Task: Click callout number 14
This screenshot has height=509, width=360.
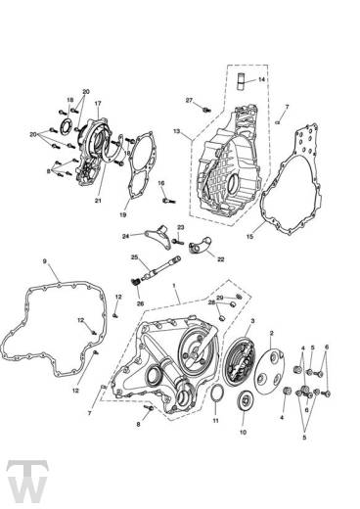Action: click(x=261, y=79)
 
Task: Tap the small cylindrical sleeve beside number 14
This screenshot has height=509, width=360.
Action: click(x=241, y=82)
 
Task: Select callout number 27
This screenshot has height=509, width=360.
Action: click(x=190, y=100)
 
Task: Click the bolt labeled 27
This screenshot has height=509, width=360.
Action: click(x=206, y=110)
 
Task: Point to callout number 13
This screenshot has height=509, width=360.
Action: click(x=176, y=131)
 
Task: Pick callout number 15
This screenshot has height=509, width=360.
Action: click(x=250, y=236)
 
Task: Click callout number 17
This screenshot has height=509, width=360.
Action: click(x=98, y=103)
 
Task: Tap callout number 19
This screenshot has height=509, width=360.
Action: click(x=122, y=214)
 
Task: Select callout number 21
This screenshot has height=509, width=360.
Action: click(x=98, y=201)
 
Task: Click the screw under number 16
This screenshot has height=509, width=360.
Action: click(x=168, y=201)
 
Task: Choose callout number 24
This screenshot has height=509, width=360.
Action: click(x=125, y=236)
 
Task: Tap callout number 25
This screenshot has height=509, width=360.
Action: click(x=135, y=256)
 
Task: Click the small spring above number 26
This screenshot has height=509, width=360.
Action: click(x=135, y=282)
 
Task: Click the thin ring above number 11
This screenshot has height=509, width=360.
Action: click(x=215, y=395)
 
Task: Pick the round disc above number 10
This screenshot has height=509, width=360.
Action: click(x=244, y=401)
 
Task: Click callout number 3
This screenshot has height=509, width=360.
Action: click(x=252, y=321)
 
